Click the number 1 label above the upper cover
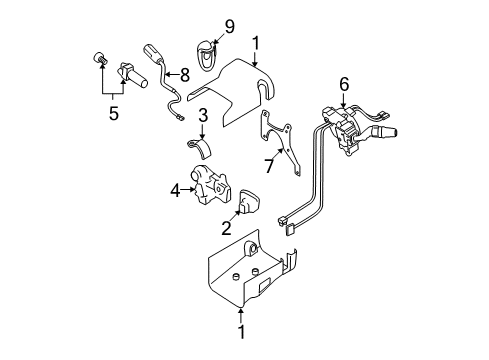256,43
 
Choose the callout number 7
183,72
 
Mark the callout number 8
228,25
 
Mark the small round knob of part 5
100,57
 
